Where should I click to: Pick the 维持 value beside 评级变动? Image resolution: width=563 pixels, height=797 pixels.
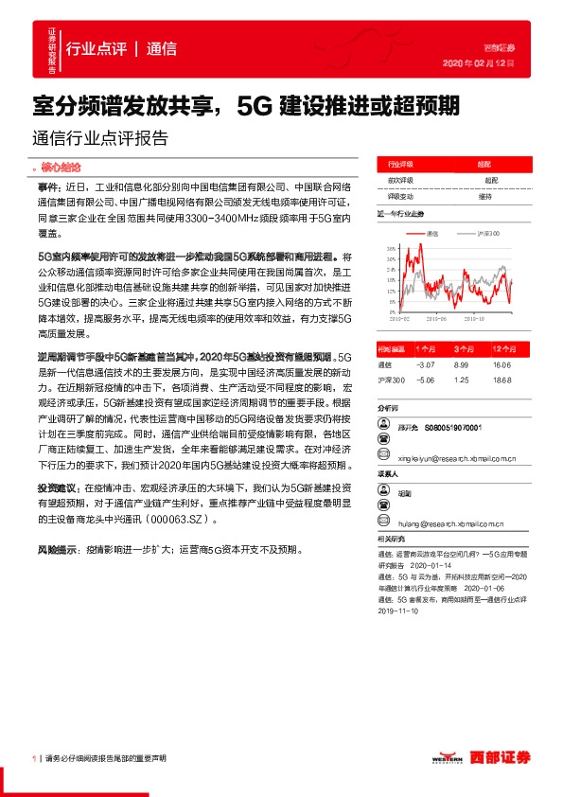[x=484, y=196]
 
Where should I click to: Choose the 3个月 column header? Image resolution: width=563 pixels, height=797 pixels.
[x=462, y=348]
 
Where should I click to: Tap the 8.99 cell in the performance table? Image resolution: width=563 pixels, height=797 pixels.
[x=462, y=363]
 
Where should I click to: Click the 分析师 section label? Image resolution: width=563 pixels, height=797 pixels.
[x=389, y=408]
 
